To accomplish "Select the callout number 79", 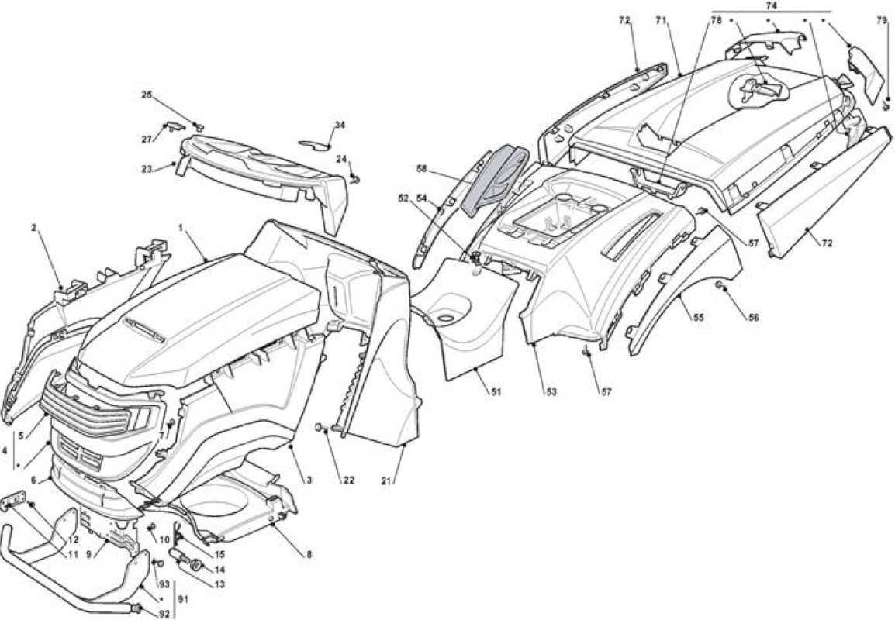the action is tap(883, 20).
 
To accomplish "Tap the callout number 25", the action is tap(147, 94).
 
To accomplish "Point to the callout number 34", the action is tap(340, 125).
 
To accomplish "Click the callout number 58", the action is tap(422, 169).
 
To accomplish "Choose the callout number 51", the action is tap(496, 392).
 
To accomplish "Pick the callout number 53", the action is tap(550, 392).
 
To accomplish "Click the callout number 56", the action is tap(753, 318).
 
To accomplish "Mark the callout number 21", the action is tap(386, 480).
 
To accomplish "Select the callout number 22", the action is tap(348, 480).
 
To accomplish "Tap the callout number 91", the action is tap(183, 600).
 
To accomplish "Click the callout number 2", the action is tap(33, 228).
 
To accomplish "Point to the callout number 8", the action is tap(309, 554).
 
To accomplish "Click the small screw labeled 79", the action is tap(886, 105).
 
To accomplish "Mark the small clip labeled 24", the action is tap(356, 180).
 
